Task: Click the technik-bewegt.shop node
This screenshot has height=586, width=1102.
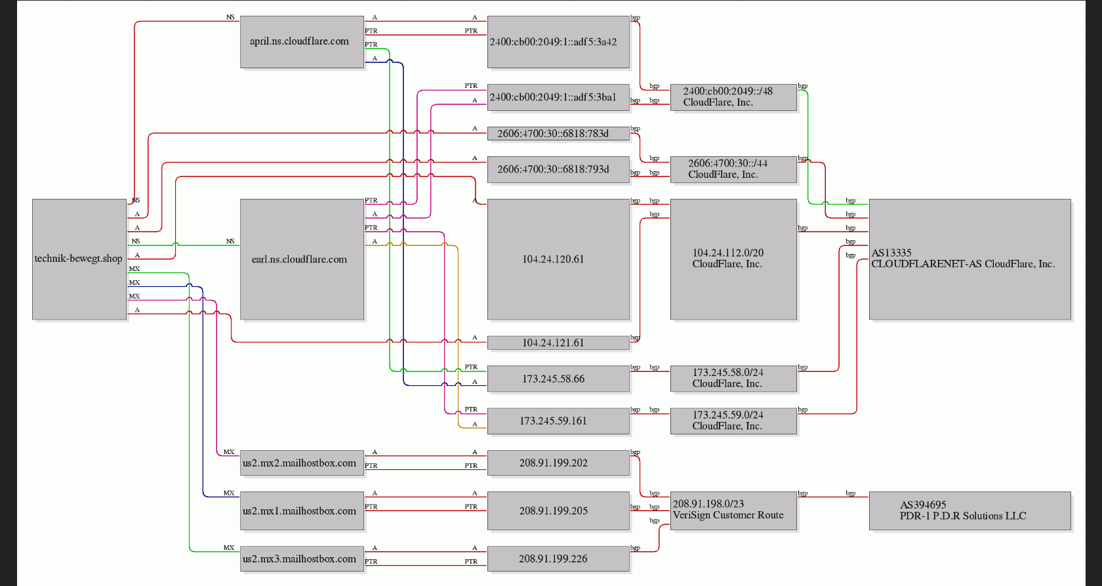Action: pyautogui.click(x=79, y=259)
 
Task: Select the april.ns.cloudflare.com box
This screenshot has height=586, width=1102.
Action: pyautogui.click(x=302, y=42)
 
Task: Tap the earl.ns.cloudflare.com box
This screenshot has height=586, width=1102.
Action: pyautogui.click(x=302, y=259)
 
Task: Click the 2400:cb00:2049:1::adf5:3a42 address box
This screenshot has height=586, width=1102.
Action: pyautogui.click(x=558, y=42)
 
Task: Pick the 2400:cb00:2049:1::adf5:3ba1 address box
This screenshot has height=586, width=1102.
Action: pyautogui.click(x=558, y=97)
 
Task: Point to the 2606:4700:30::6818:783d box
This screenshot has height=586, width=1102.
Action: pyautogui.click(x=558, y=133)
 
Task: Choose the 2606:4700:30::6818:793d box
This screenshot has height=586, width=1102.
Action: pyautogui.click(x=558, y=169)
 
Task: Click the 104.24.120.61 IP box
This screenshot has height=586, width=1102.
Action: pyautogui.click(x=558, y=259)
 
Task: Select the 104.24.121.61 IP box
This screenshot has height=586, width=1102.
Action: pyautogui.click(x=558, y=343)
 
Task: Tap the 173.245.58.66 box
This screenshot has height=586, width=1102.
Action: pyautogui.click(x=558, y=379)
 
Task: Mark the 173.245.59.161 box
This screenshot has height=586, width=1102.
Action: pyautogui.click(x=558, y=421)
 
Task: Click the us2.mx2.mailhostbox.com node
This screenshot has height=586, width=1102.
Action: pyautogui.click(x=302, y=463)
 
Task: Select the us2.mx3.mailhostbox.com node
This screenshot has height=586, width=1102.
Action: pyautogui.click(x=302, y=558)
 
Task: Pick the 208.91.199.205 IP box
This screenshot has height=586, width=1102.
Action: pyautogui.click(x=558, y=511)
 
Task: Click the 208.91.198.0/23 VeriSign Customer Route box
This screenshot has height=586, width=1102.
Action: pyautogui.click(x=733, y=511)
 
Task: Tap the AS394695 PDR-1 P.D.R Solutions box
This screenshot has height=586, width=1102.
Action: pyautogui.click(x=970, y=511)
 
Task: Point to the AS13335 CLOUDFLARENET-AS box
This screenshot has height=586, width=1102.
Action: pyautogui.click(x=970, y=259)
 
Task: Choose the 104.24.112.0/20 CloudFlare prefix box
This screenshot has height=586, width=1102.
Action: pyautogui.click(x=733, y=259)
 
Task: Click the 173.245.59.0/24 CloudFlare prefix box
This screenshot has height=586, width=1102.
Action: pyautogui.click(x=733, y=421)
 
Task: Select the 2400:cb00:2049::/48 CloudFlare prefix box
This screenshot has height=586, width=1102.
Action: pyautogui.click(x=733, y=97)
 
